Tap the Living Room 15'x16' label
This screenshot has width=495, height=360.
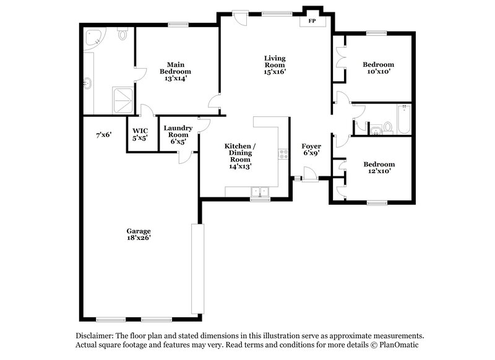(274, 65)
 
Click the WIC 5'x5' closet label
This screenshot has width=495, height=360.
(140, 135)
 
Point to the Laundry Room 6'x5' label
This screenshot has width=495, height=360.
(178, 135)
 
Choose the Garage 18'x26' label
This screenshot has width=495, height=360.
(139, 234)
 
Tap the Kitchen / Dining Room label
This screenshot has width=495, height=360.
(239, 156)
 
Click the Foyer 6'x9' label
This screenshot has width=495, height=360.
(311, 150)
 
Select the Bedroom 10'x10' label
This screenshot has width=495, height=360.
(378, 68)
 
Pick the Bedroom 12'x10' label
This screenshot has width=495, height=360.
(378, 168)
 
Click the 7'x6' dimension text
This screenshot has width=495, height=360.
(103, 134)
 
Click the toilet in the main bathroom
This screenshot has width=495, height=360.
(122, 34)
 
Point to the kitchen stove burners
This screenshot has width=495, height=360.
(283, 153)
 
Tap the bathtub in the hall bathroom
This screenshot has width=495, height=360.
(403, 119)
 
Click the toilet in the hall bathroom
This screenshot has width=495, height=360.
(388, 127)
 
